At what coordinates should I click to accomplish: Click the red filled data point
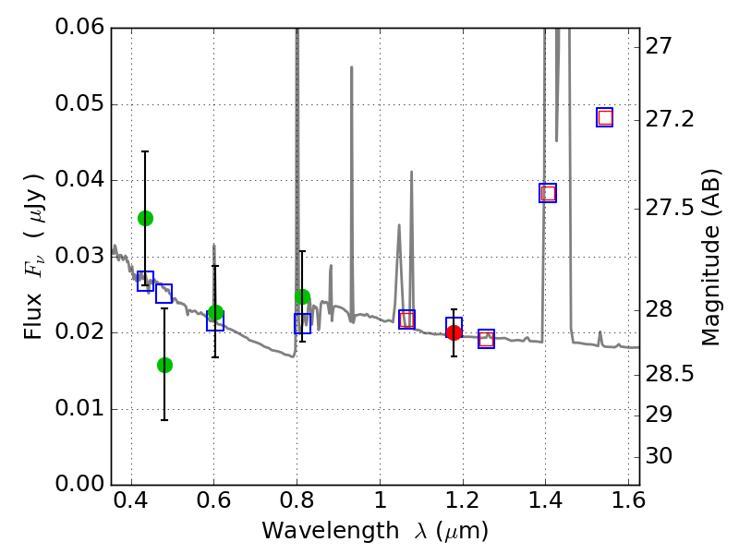(454, 332)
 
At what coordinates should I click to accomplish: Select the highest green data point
(145, 218)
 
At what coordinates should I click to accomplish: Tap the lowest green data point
(164, 365)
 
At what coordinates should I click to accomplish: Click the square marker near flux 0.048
(605, 117)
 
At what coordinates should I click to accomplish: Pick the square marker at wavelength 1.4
(548, 193)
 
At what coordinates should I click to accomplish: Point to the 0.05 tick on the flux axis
(112, 104)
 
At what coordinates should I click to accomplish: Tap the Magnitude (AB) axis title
(710, 257)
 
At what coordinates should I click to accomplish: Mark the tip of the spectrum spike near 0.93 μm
(351, 66)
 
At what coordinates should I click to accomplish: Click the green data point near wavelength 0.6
(215, 313)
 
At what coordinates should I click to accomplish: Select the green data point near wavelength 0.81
(302, 296)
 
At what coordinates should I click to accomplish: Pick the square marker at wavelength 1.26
(487, 339)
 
